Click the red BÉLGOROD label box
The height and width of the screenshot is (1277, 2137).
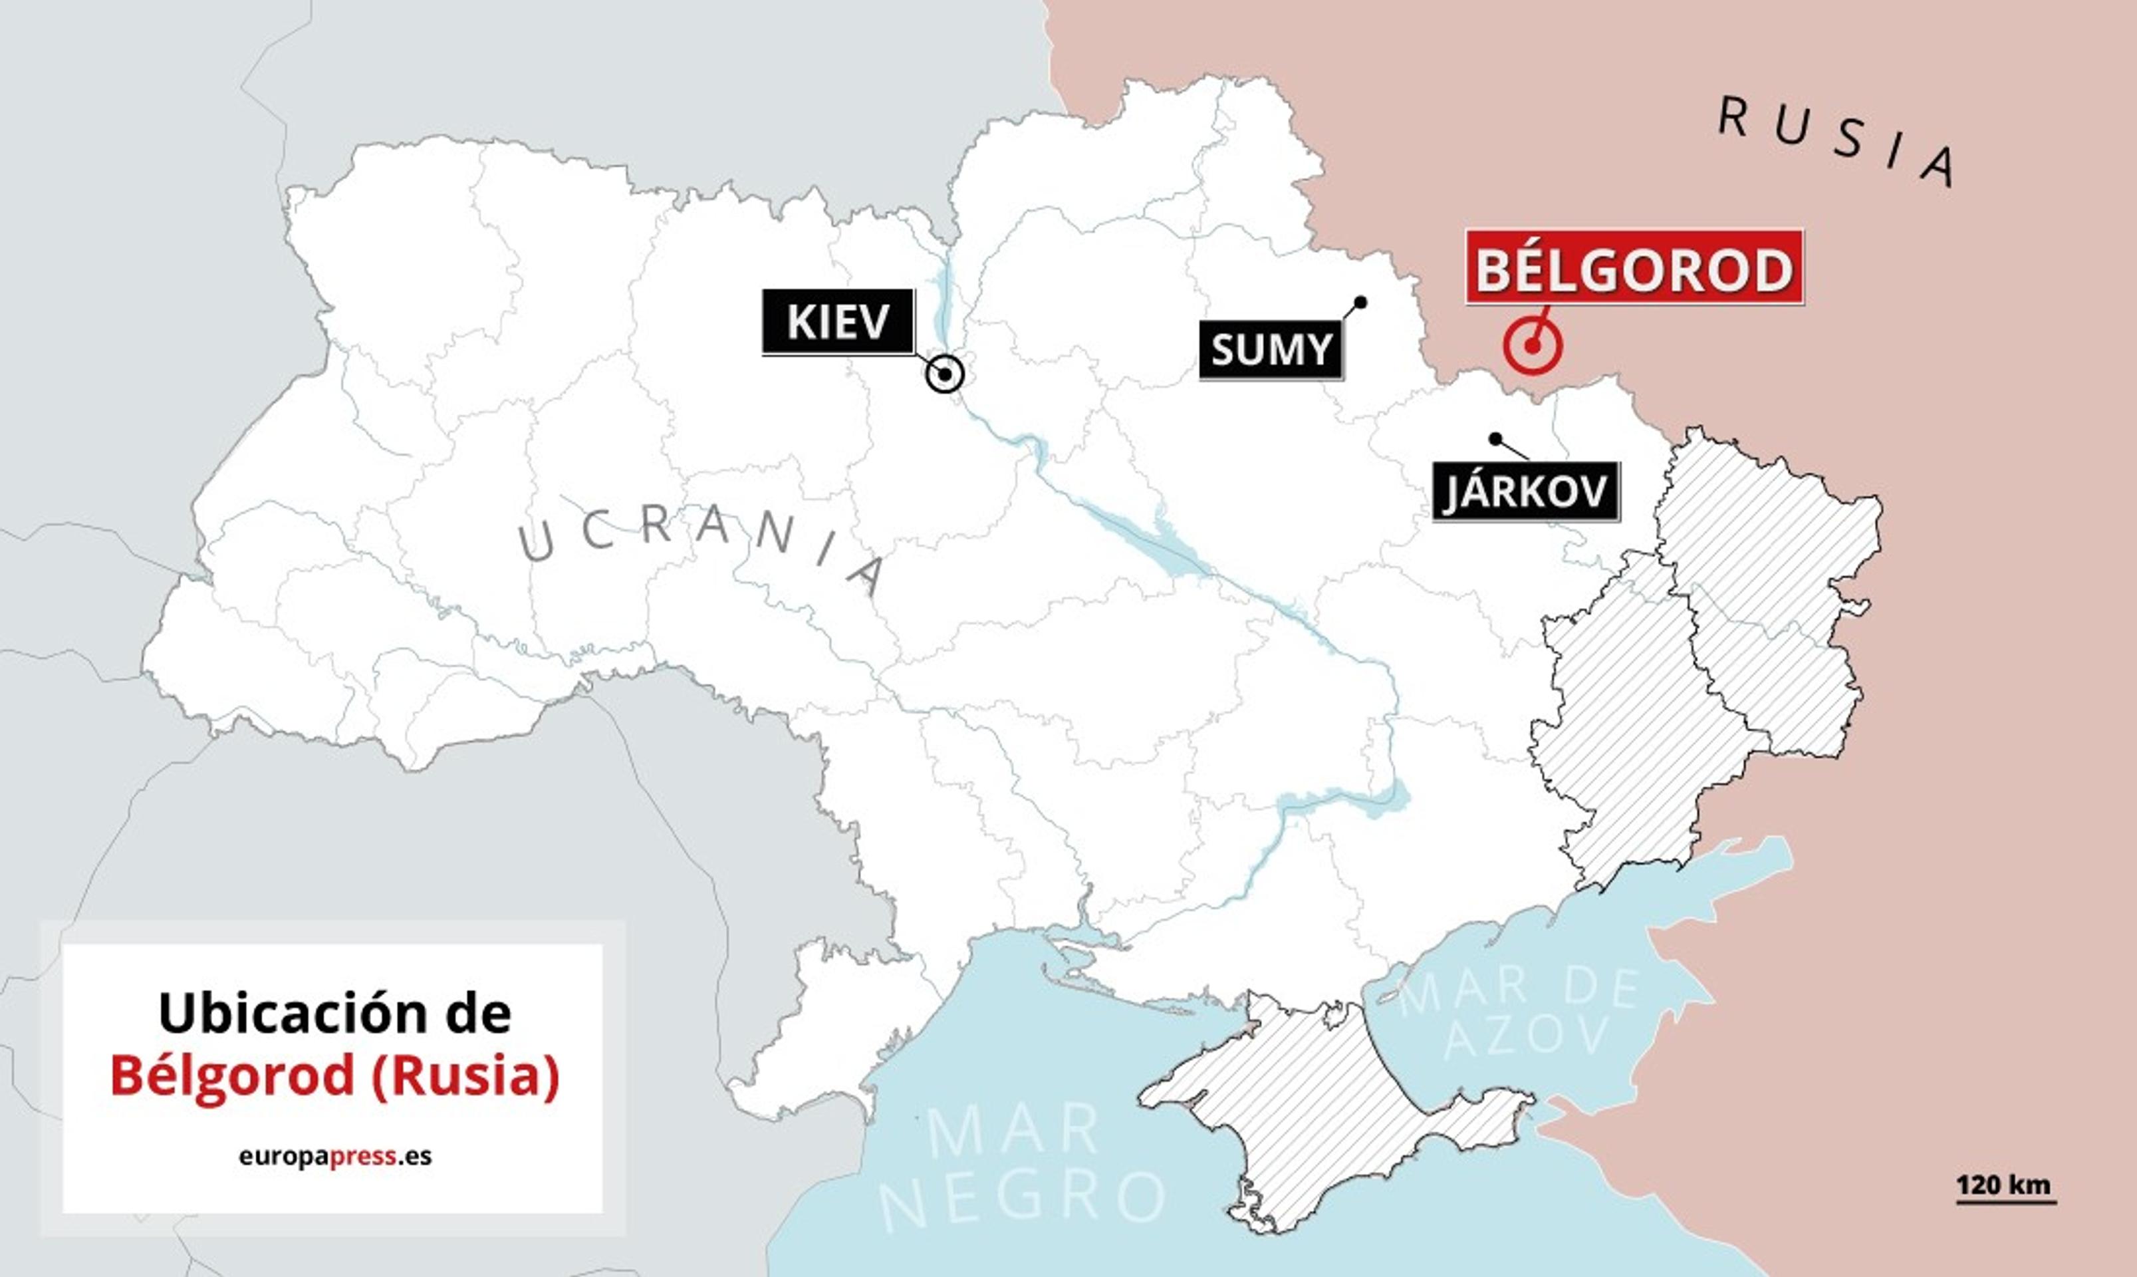(1634, 267)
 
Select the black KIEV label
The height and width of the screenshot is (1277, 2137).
(837, 322)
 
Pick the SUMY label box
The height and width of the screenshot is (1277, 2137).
(1271, 349)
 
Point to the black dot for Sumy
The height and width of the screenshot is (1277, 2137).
(1360, 302)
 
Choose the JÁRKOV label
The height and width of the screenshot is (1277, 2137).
(1525, 492)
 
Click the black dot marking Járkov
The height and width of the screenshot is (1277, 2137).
(1495, 439)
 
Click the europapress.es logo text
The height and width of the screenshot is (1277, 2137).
(334, 1156)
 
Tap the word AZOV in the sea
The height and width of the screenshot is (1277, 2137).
(1526, 1034)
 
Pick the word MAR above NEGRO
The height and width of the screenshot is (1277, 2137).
(1013, 1131)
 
